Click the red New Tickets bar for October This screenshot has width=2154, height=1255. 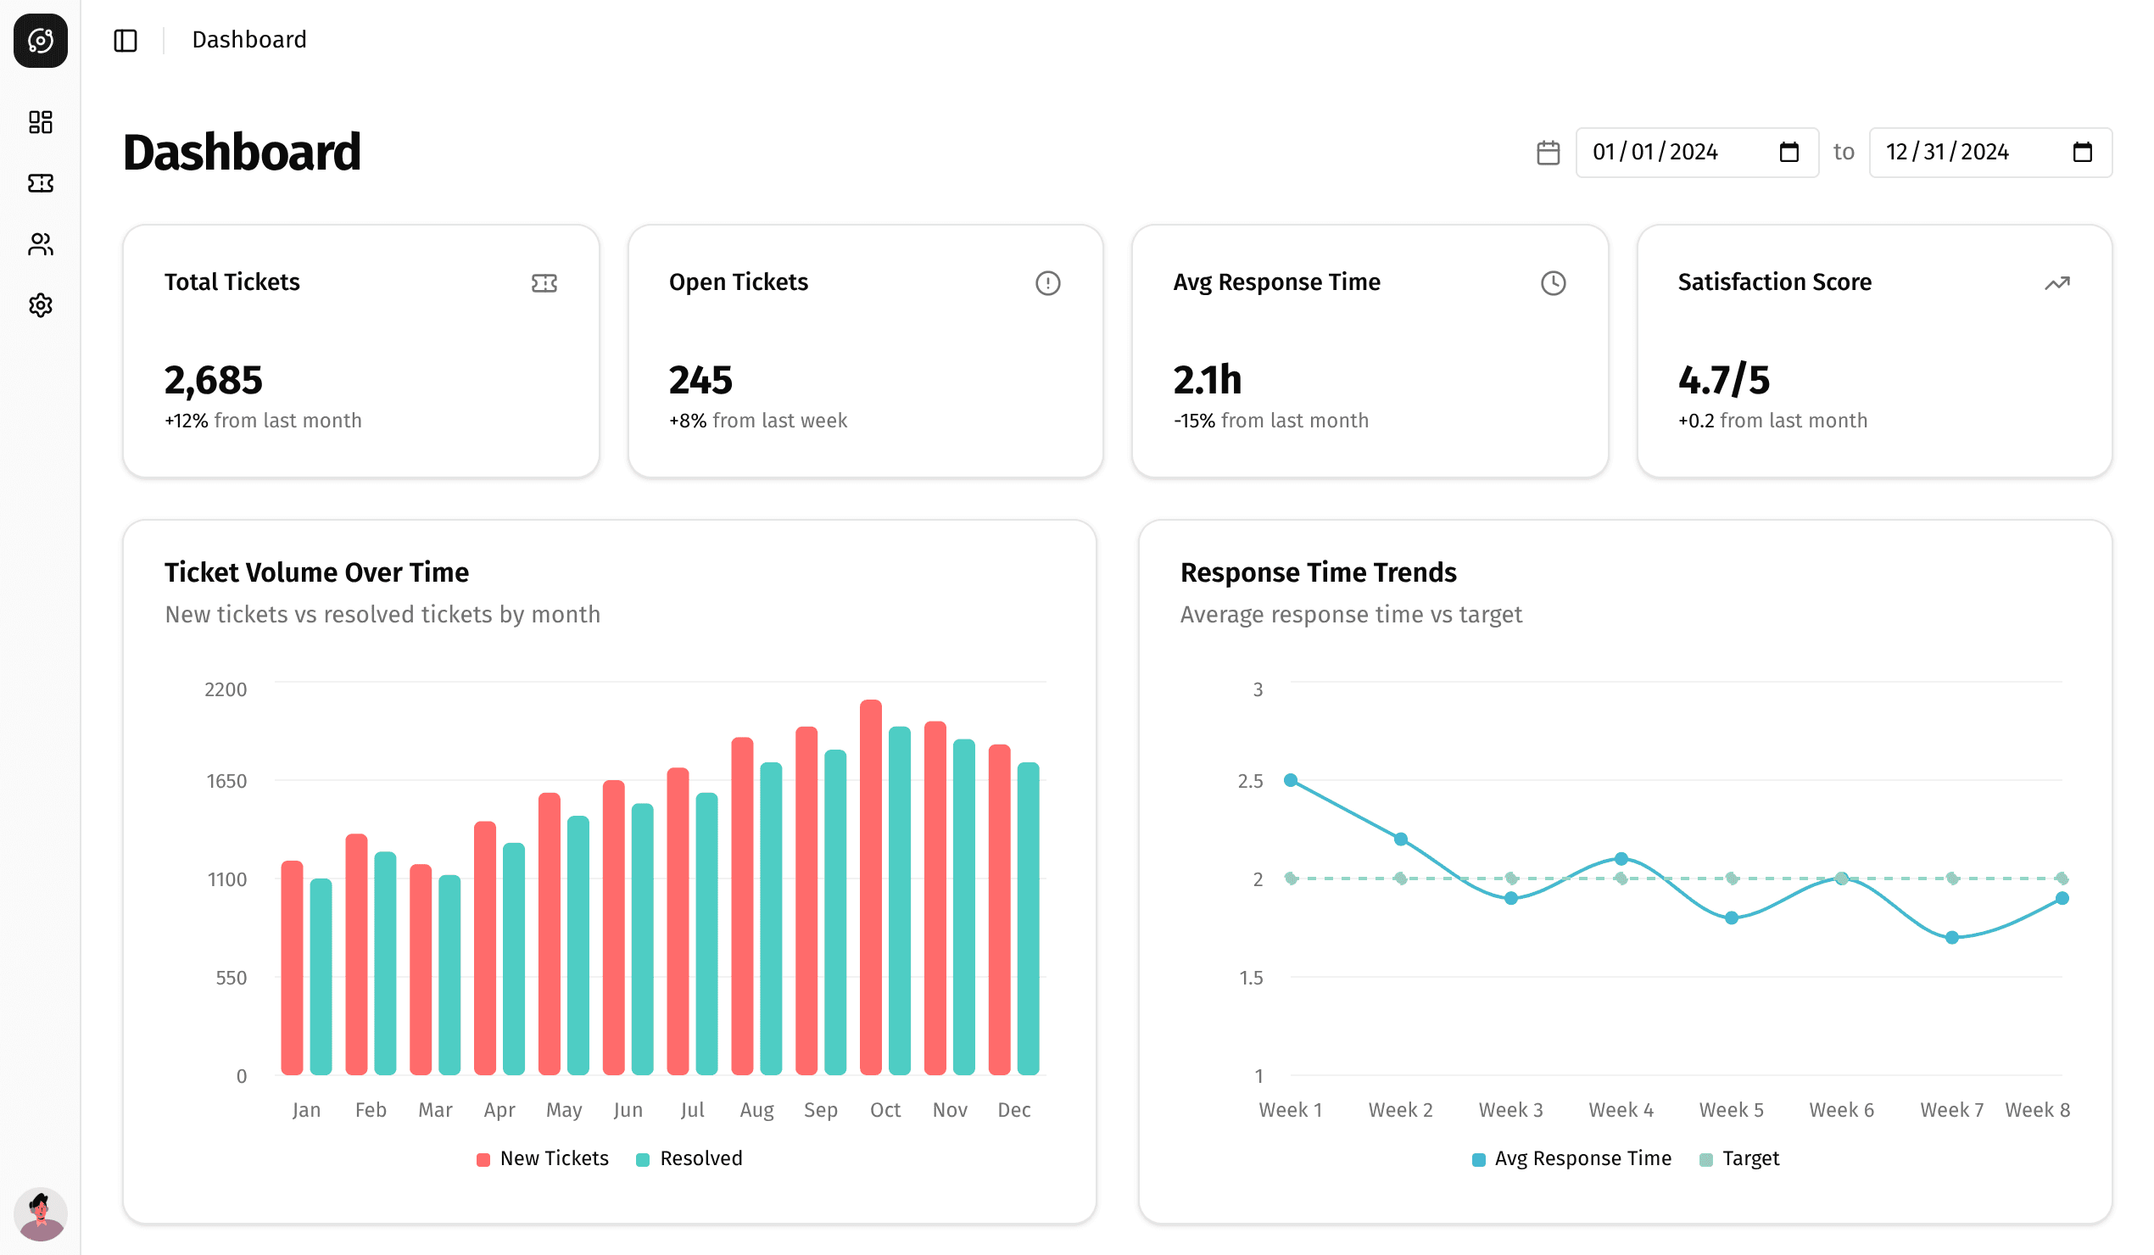pos(870,890)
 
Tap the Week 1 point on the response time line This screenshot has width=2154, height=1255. pos(1291,779)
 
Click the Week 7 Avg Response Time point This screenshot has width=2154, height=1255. pos(1951,937)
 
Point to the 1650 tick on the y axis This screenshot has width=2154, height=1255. pos(226,780)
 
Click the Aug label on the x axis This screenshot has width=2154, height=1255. pos(756,1110)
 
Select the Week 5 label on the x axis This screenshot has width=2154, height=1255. pos(1731,1110)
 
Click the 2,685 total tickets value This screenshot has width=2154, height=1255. pos(213,381)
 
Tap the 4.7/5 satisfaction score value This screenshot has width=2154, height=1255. pos(1723,381)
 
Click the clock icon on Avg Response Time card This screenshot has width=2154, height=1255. pos(1552,283)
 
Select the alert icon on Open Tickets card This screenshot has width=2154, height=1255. pos(1047,283)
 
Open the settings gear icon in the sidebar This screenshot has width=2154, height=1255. pos(40,305)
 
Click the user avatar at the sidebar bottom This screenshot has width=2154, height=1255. pos(40,1213)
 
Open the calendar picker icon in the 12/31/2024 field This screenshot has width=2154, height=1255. pos(2082,152)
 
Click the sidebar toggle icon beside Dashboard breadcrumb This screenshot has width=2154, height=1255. pos(126,40)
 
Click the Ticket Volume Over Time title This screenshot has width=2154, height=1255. pos(316,572)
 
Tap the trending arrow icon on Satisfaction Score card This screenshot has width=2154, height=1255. pos(2056,283)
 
